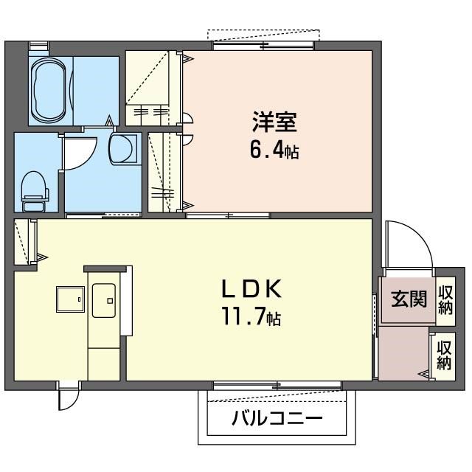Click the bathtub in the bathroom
pyautogui.click(x=49, y=91)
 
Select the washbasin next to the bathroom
pyautogui.click(x=122, y=147)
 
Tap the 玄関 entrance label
pyautogui.click(x=408, y=299)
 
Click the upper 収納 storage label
pyautogui.click(x=445, y=300)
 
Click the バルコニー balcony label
pyautogui.click(x=277, y=420)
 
